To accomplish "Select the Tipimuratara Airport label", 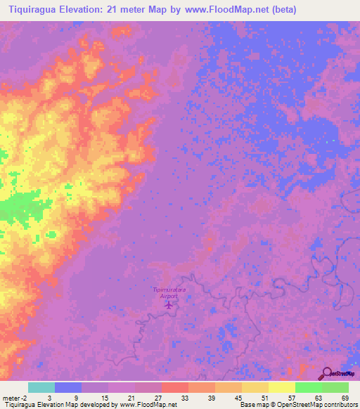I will pyautogui.click(x=168, y=293).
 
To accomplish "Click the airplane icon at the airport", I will pyautogui.click(x=168, y=306).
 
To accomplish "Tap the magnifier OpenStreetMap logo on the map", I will pyautogui.click(x=327, y=373).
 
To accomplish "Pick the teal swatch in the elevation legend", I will pyautogui.click(x=41, y=387).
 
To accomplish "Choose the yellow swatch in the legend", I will pyautogui.click(x=281, y=387).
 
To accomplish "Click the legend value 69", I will pyautogui.click(x=345, y=398).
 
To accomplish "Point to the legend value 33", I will pyautogui.click(x=184, y=398).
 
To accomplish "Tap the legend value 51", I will pyautogui.click(x=264, y=398).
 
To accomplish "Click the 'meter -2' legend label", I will pyautogui.click(x=15, y=398).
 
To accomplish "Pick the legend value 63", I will pyautogui.click(x=318, y=398).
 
